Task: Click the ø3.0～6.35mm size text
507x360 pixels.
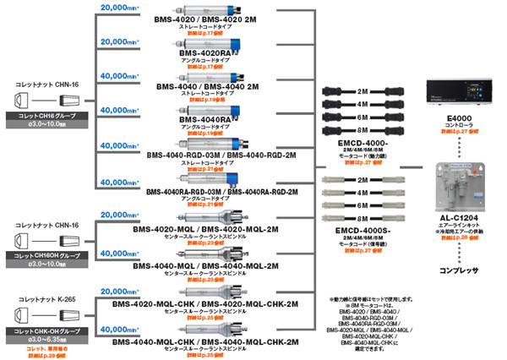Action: click(41, 338)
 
